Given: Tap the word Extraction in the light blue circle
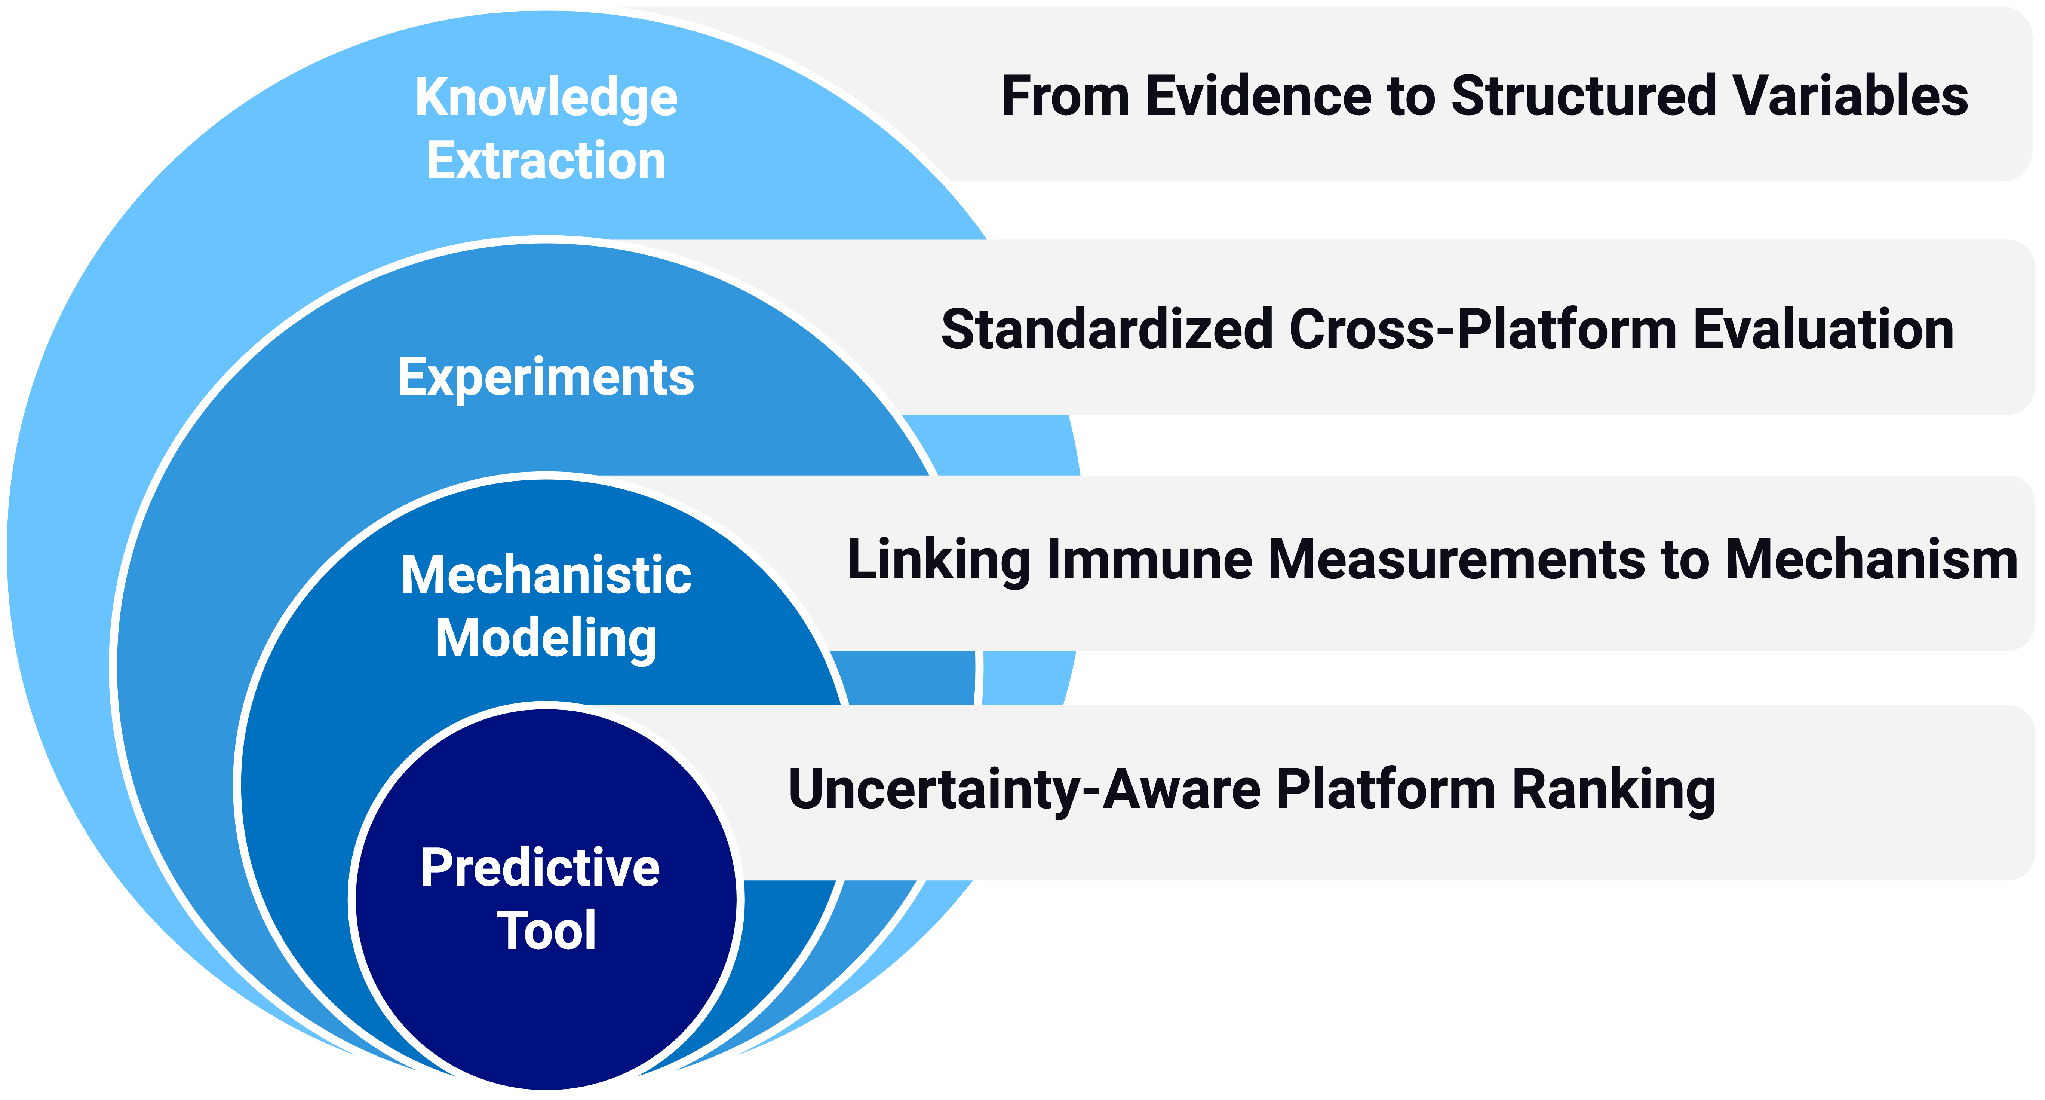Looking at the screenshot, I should click(x=546, y=161).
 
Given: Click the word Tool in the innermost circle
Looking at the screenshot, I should click(x=546, y=931).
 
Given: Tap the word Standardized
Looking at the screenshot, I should click(x=1108, y=330).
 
